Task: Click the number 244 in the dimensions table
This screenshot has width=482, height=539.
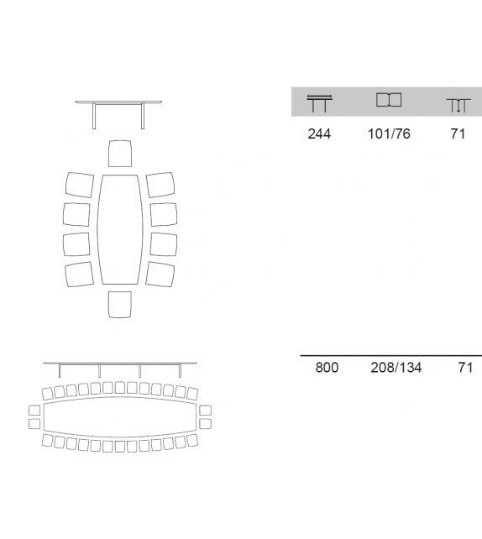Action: (319, 133)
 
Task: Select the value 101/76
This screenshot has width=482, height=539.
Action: (389, 133)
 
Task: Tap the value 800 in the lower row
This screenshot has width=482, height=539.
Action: (327, 368)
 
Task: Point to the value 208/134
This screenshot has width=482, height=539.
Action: (396, 368)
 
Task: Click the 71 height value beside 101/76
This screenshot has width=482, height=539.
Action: (458, 133)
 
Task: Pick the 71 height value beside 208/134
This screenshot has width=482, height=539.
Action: (465, 368)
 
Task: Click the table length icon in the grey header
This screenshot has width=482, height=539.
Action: (319, 102)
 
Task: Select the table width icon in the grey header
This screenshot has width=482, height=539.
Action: (389, 100)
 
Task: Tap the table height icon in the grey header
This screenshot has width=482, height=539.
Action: (458, 106)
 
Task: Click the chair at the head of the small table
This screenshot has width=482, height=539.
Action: (120, 154)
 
